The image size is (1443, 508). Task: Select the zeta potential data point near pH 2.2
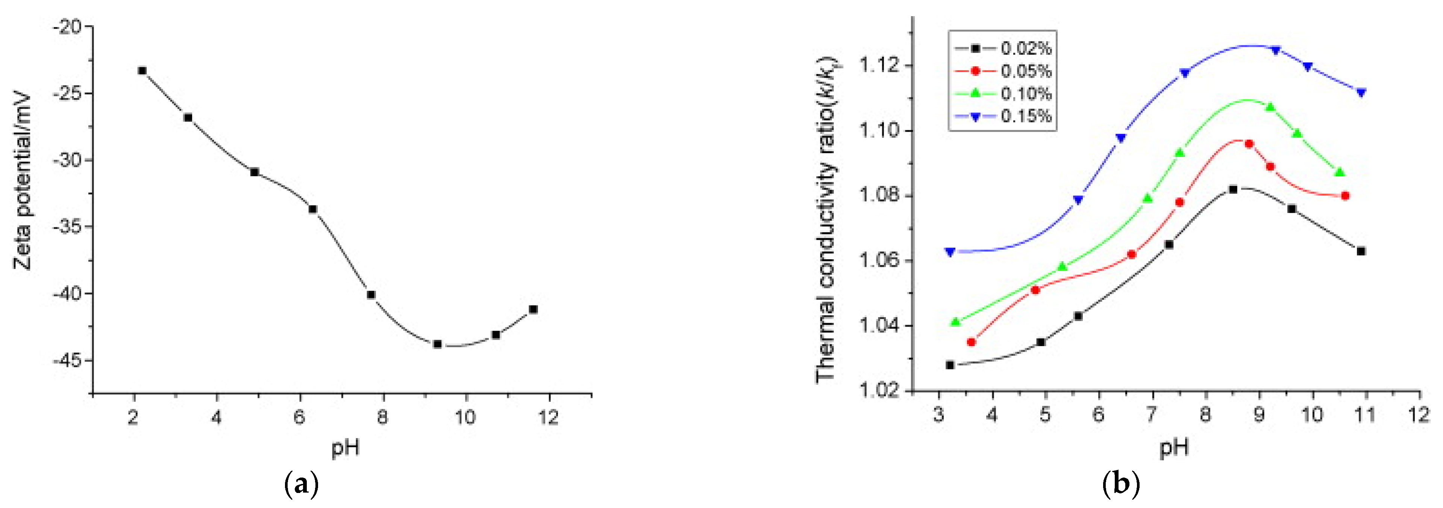tap(142, 71)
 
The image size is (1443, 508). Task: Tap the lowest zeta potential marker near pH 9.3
tap(438, 344)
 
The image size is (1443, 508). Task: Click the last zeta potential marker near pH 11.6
tap(533, 309)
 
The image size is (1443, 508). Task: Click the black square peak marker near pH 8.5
tap(1233, 189)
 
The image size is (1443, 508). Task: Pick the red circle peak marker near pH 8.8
tap(1249, 144)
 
